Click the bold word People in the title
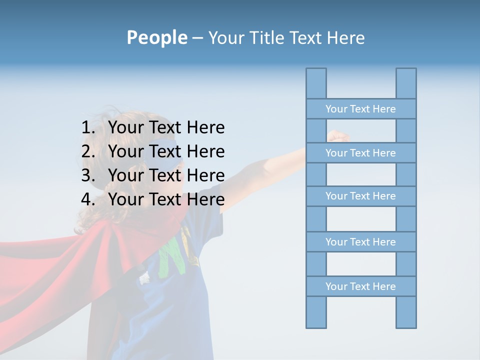156,37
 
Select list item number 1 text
166,127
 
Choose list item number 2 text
166,151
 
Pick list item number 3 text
166,175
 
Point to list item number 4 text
166,199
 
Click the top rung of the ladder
360,108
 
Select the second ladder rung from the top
360,152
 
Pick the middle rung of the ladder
360,196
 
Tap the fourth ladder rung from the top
360,241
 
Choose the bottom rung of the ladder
360,286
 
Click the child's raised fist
338,135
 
